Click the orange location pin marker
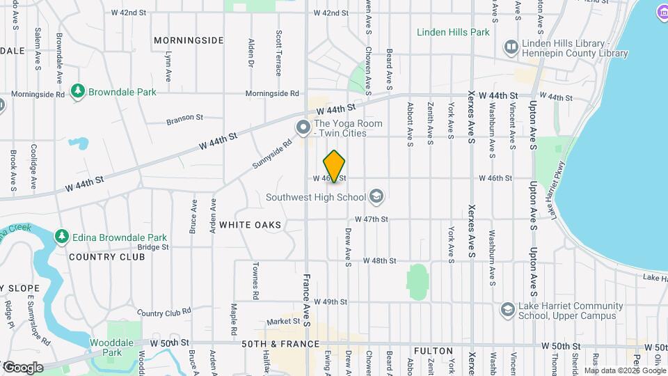[335, 166]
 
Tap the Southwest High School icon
[376, 197]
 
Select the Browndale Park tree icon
[79, 91]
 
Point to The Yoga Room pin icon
[303, 128]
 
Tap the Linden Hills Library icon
[512, 45]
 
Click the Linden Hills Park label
[454, 32]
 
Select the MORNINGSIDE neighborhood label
[189, 40]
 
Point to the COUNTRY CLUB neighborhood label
[106, 257]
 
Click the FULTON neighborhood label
[433, 351]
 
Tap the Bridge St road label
[153, 246]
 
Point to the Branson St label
[184, 118]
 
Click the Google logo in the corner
[22, 367]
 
